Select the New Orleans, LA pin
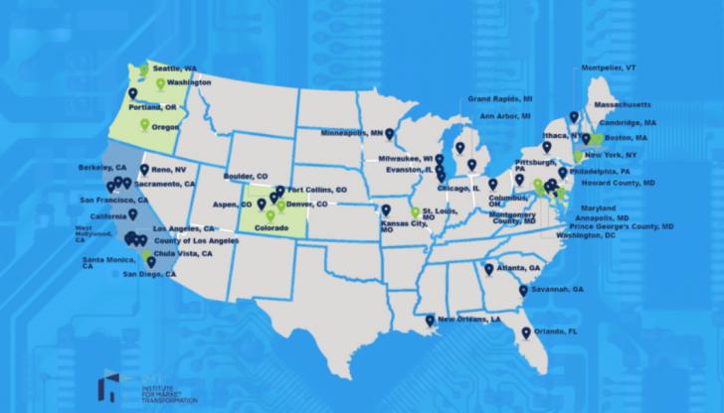coord(429,320)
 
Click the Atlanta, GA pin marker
coord(488,268)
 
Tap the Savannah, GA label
coord(559,289)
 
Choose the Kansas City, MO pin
coord(386,210)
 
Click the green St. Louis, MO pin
coord(416,212)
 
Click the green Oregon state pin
coord(144,124)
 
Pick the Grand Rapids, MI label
coord(500,100)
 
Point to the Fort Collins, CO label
coord(316,189)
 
